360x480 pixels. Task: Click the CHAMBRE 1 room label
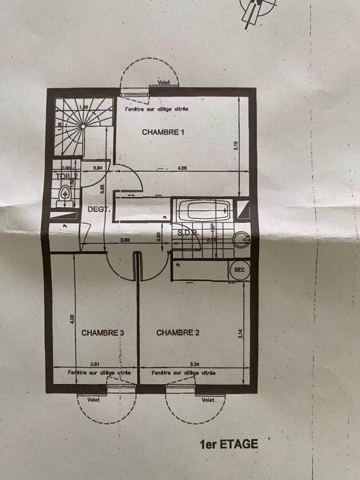coord(163,132)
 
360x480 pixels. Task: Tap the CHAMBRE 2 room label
coord(178,332)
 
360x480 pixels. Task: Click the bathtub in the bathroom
coord(203,211)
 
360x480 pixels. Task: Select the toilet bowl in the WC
coord(65,194)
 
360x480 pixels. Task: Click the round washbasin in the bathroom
coord(242,238)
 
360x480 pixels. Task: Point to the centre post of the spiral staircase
coord(82,127)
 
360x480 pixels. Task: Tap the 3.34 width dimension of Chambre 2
coord(194,364)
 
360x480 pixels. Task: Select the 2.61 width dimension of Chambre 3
coord(94,364)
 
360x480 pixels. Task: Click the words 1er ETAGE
coord(229,445)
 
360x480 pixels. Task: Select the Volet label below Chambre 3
coord(93,400)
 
